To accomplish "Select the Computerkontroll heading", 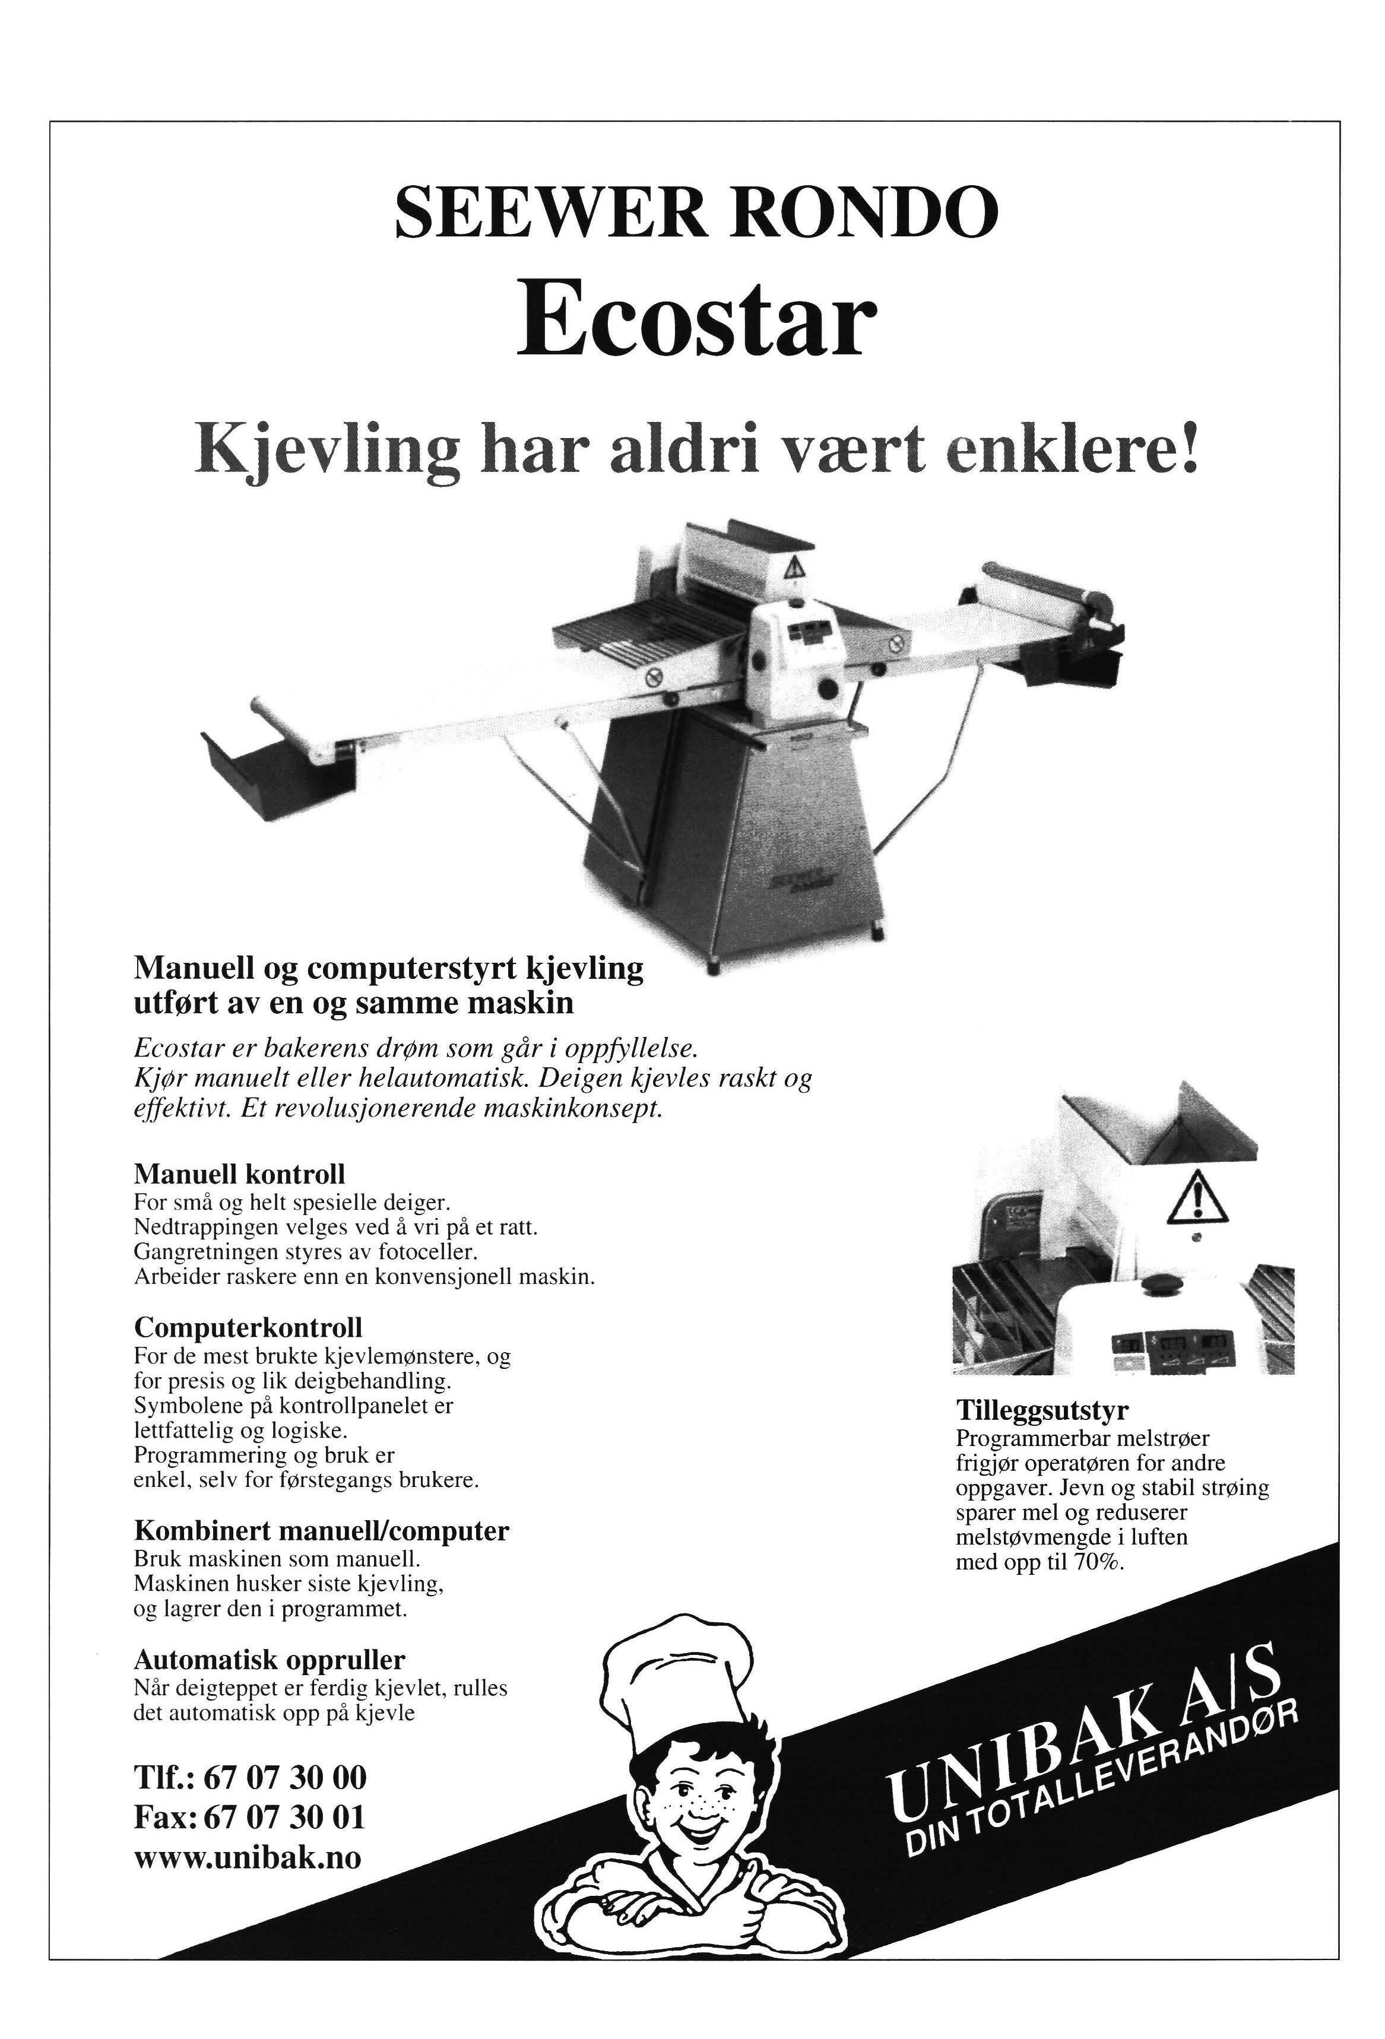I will tap(248, 1325).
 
